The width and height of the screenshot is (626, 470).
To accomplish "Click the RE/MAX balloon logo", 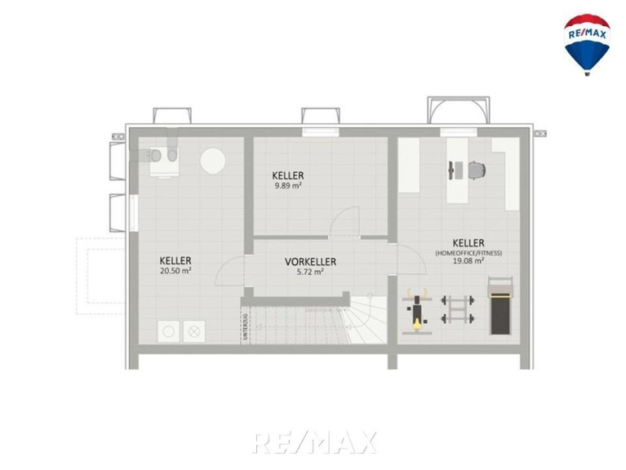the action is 587,44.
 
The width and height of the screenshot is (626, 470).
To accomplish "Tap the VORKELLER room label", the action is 310,262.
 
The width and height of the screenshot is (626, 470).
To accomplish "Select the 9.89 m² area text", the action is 287,185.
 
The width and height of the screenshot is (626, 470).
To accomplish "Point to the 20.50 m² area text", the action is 175,271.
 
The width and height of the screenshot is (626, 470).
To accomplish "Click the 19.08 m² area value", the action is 468,260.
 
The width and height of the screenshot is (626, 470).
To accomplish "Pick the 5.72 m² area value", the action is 310,272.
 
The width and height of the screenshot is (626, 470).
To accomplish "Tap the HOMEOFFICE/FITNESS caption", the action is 468,253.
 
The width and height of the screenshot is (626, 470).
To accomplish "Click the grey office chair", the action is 477,171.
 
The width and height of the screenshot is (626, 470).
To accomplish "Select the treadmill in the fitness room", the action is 500,306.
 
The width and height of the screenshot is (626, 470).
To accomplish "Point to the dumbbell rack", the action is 458,309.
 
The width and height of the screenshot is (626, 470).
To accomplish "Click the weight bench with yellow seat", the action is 417,311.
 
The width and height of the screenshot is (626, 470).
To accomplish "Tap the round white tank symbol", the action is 213,161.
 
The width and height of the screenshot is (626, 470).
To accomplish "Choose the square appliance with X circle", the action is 194,331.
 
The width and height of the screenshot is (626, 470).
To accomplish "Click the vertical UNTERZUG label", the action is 245,326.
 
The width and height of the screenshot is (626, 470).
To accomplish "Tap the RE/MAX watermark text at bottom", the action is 314,442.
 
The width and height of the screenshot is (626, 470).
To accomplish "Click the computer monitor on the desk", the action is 451,171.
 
